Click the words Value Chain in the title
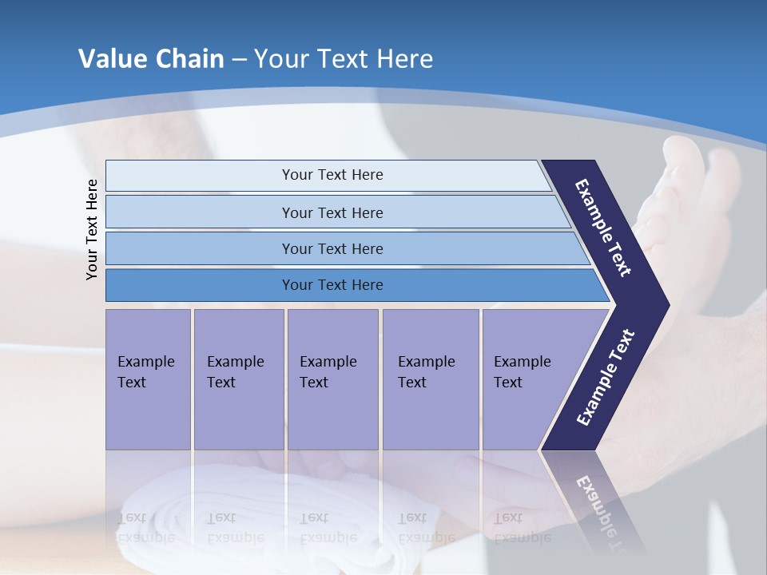[x=151, y=59]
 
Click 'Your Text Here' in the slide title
[x=344, y=59]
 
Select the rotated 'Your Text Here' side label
[x=92, y=229]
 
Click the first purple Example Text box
[x=148, y=379]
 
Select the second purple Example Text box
[x=238, y=379]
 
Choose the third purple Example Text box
[x=332, y=379]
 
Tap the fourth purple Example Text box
[x=430, y=379]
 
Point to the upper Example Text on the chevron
[x=603, y=228]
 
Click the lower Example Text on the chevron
[x=606, y=377]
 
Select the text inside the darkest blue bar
[x=332, y=285]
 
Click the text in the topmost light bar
[x=332, y=175]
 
